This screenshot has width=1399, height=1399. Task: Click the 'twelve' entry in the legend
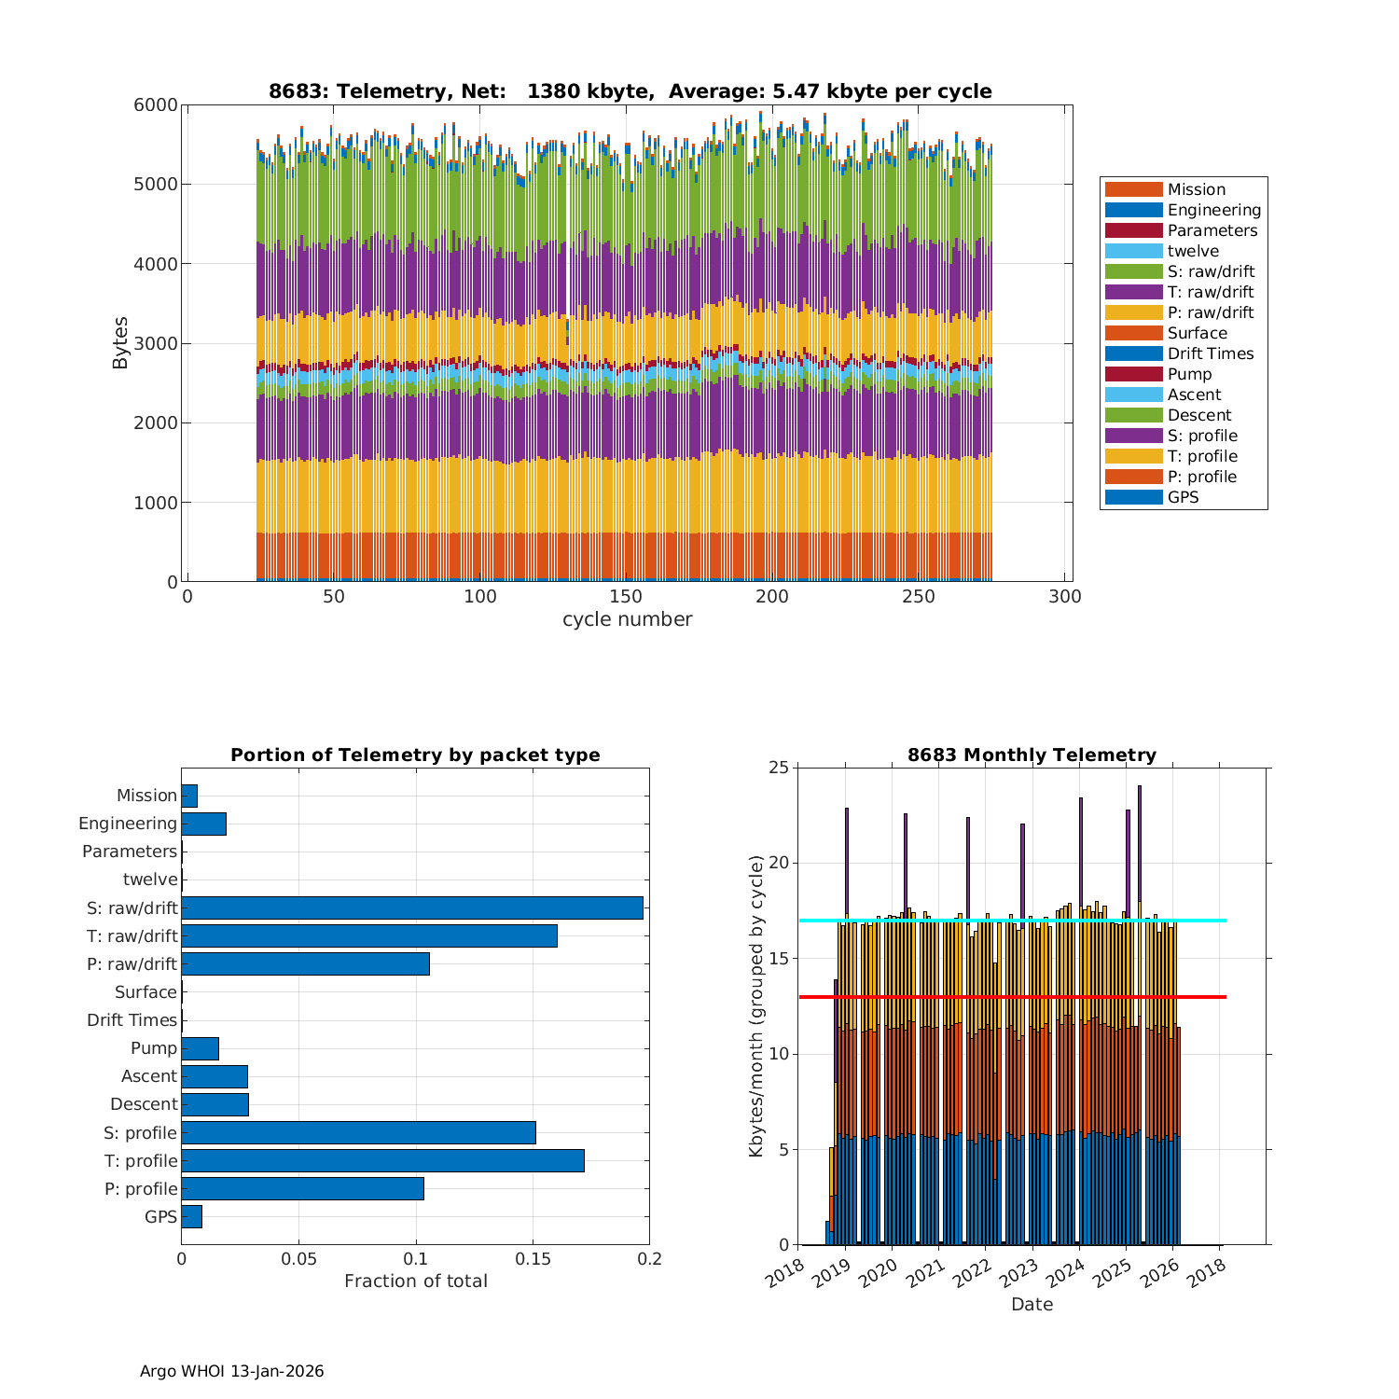coord(1192,251)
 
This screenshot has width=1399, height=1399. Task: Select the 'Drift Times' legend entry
coord(1210,353)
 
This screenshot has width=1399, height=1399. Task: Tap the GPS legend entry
coord(1183,497)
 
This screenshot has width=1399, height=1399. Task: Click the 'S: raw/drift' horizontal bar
coord(412,907)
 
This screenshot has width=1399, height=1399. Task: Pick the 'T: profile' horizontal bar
coord(382,1160)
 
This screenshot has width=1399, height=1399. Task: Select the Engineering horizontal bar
coord(203,824)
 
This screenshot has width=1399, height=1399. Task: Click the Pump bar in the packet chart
coord(200,1048)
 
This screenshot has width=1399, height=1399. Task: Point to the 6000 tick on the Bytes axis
coord(156,105)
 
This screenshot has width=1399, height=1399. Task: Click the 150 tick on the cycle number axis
coord(626,598)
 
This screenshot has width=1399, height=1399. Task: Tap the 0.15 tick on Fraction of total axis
coord(533,1259)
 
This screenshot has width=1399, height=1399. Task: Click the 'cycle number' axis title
coord(627,620)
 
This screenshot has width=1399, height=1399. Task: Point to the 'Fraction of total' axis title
coord(415,1281)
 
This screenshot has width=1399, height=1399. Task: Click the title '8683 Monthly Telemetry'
coord(1032,755)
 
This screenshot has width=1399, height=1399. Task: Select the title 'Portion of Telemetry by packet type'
coord(415,755)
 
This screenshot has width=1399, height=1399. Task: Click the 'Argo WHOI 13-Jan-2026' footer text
coord(231,1371)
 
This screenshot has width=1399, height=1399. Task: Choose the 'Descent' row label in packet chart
coord(144,1104)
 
